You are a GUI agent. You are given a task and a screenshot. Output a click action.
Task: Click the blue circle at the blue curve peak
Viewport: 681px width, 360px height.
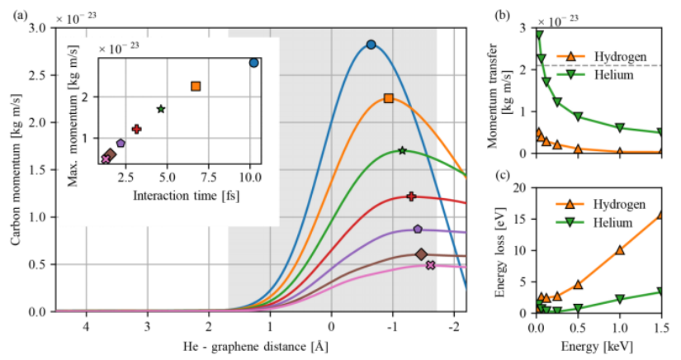[371, 45]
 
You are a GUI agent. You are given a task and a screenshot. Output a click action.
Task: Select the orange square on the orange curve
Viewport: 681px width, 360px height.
[388, 98]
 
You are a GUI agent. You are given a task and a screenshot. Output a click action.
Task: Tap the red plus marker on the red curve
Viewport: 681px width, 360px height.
[411, 197]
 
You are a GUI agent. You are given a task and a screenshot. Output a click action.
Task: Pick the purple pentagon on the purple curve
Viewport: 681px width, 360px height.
[418, 229]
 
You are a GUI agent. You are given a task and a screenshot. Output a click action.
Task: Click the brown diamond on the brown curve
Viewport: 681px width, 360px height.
[421, 254]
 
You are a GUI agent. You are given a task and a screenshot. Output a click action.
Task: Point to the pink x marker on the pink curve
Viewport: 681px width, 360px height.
[430, 265]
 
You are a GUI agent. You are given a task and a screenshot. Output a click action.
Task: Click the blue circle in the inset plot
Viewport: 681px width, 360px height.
[253, 63]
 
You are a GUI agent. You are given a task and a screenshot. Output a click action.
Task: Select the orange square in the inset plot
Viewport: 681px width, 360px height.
[196, 86]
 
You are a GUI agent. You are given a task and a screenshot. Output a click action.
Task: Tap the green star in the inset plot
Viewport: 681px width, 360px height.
[161, 109]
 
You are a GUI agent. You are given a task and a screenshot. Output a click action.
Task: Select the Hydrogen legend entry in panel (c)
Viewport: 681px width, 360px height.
[594, 203]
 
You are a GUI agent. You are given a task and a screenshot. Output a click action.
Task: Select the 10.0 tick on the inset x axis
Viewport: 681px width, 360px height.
[250, 176]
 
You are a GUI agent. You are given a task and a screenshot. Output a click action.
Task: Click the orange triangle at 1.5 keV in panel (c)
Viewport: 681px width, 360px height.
[660, 215]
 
